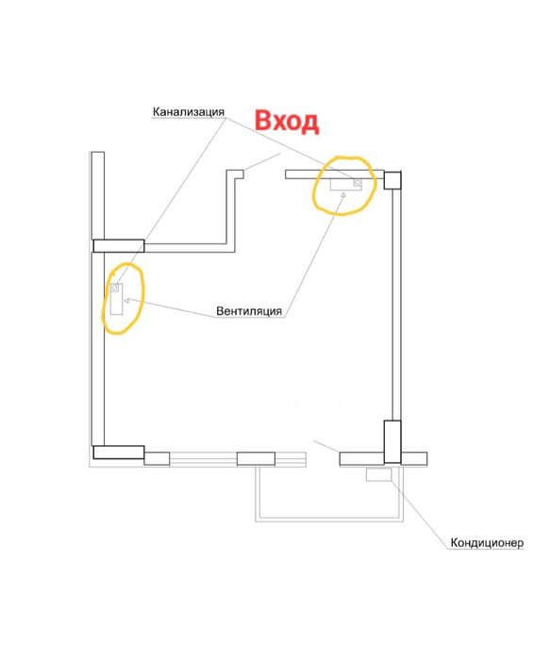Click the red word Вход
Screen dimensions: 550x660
[x=287, y=122]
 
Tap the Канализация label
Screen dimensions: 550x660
[x=189, y=112]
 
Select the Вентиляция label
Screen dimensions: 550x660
[x=249, y=311]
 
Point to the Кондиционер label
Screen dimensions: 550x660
[x=487, y=542]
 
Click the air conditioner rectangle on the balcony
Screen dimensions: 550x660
[x=378, y=475]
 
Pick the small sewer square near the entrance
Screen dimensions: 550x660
[x=358, y=182]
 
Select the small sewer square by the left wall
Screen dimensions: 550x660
[x=114, y=288]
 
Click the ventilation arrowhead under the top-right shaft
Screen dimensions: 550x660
[x=343, y=194]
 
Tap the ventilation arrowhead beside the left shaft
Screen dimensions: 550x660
[x=126, y=301]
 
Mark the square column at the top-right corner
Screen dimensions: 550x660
[x=392, y=180]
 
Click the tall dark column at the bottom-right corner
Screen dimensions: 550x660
[x=392, y=441]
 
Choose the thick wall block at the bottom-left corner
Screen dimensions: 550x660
[x=118, y=452]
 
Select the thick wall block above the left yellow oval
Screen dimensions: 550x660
[x=118, y=246]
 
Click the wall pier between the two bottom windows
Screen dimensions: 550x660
[x=256, y=459]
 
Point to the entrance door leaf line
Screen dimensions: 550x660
[x=262, y=162]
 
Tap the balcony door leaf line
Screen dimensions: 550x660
[x=326, y=446]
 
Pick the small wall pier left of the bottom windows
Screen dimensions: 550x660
[x=158, y=459]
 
